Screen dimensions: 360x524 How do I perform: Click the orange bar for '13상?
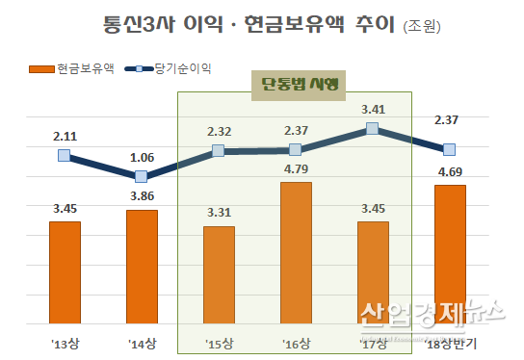click(x=65, y=272)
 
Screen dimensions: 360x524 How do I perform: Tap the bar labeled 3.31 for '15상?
click(x=219, y=275)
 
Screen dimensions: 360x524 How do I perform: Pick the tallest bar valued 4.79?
click(x=296, y=253)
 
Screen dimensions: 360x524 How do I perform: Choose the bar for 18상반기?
click(x=450, y=254)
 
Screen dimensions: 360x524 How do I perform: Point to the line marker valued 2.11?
click(x=65, y=155)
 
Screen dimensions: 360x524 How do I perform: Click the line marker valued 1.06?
click(x=142, y=176)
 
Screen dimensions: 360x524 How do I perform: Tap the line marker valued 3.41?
click(x=373, y=129)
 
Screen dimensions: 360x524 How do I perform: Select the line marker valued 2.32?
click(x=219, y=150)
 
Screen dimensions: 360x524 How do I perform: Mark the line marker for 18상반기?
click(x=450, y=149)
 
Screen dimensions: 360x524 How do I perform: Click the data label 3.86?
click(x=142, y=196)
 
